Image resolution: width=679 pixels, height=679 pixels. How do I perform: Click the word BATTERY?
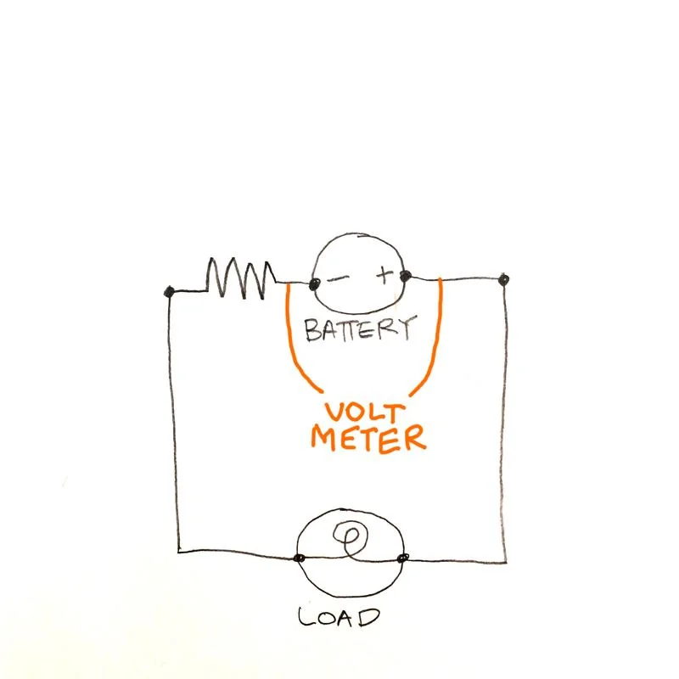(x=360, y=330)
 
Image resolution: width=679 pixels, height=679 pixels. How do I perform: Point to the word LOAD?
(x=338, y=617)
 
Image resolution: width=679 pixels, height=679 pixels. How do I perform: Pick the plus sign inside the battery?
(x=384, y=275)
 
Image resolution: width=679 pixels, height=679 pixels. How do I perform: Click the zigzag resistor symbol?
(x=241, y=278)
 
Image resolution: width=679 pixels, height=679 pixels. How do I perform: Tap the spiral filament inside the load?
(x=351, y=538)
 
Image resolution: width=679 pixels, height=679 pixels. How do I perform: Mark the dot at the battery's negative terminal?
(x=314, y=284)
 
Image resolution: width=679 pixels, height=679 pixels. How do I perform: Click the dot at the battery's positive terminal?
(x=406, y=275)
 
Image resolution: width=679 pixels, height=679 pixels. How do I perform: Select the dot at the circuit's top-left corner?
(x=169, y=291)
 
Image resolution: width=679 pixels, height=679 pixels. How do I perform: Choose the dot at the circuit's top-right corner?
(x=503, y=280)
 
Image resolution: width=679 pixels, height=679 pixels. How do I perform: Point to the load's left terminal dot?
(x=300, y=558)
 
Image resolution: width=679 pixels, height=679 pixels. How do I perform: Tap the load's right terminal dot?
(x=402, y=558)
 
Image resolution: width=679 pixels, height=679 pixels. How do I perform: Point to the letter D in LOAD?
(x=368, y=618)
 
